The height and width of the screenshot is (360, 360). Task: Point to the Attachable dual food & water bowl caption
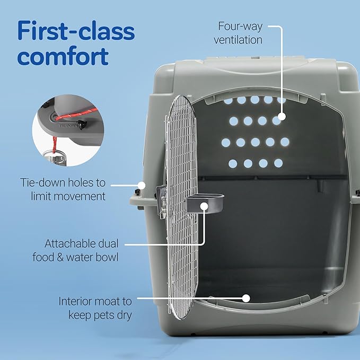(x=81, y=251)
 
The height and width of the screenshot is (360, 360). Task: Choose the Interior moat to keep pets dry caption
(x=94, y=308)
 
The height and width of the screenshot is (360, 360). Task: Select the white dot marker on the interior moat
(x=245, y=298)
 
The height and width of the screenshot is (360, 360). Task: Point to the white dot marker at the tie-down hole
(x=142, y=185)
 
